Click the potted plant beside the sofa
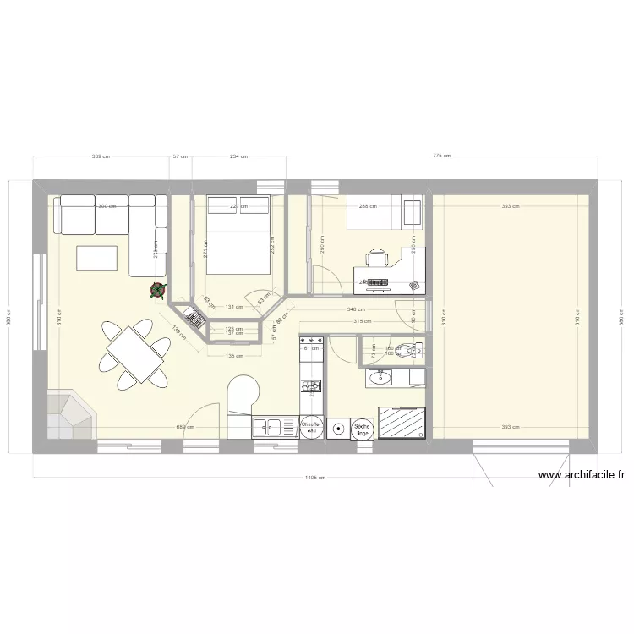coord(157,291)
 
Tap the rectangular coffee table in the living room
coord(96,257)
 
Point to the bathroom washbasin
coord(381,378)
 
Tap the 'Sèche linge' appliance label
coord(363,429)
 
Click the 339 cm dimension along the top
coord(101,156)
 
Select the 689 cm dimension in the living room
coord(184,427)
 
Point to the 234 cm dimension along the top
coord(239,156)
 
